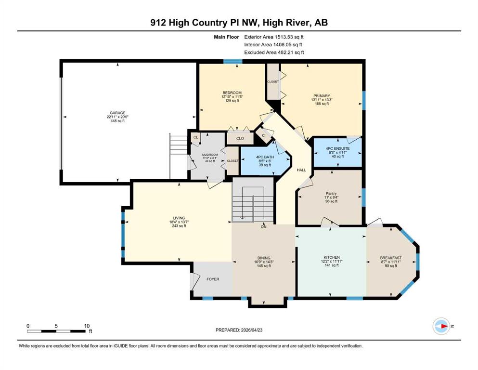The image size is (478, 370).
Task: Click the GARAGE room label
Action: [x=117, y=113]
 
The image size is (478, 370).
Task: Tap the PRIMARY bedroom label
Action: [x=322, y=96]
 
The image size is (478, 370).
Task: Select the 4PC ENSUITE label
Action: [x=337, y=148]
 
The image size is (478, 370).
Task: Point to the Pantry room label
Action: [x=331, y=193]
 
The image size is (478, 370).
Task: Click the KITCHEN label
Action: [x=332, y=257]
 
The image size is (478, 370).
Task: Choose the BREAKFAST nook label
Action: [x=391, y=258]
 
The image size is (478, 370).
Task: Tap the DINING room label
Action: [x=264, y=258]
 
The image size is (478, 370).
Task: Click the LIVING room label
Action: [x=179, y=218]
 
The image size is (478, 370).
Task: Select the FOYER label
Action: [x=213, y=279]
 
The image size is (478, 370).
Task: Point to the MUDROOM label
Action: [x=210, y=155]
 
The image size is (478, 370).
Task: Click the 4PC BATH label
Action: [x=265, y=157]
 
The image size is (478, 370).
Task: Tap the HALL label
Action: [x=301, y=170]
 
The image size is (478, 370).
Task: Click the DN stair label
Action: [x=264, y=226]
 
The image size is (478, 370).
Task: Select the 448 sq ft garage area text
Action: [x=117, y=121]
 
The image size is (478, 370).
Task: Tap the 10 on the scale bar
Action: [x=87, y=326]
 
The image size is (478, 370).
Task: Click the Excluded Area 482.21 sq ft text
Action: [x=274, y=52]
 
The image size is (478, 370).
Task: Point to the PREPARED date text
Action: [x=239, y=330]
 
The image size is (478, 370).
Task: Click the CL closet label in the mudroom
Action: [x=196, y=137]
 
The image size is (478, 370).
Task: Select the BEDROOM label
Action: [x=232, y=92]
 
